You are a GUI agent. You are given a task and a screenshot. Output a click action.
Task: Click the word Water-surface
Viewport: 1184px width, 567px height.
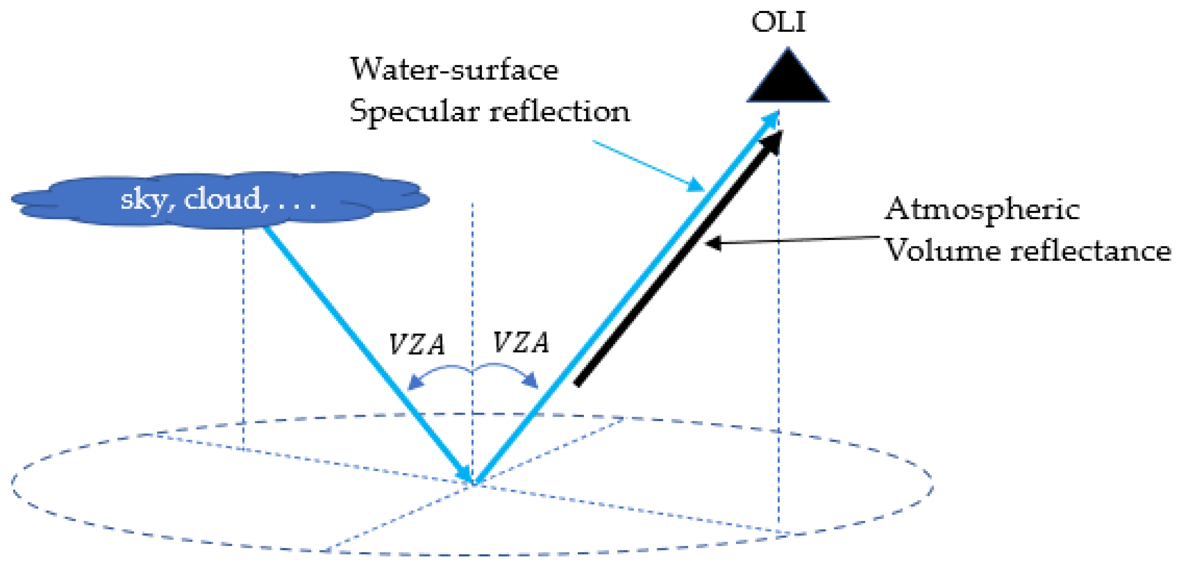click(454, 70)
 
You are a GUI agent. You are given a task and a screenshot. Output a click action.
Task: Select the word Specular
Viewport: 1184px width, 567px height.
click(414, 112)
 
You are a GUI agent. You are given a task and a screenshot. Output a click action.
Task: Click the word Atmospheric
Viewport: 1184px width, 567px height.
click(981, 210)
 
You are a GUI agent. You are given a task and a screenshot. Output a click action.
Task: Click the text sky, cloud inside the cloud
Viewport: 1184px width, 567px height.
click(218, 200)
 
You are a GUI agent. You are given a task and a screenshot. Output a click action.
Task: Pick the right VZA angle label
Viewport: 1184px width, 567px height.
click(521, 343)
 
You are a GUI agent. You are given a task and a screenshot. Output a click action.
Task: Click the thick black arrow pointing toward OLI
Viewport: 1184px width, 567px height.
click(676, 262)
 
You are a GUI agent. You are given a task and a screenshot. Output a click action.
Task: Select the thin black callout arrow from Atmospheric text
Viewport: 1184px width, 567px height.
click(791, 240)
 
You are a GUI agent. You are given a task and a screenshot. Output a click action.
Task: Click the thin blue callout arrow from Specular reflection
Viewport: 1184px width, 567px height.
click(648, 166)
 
